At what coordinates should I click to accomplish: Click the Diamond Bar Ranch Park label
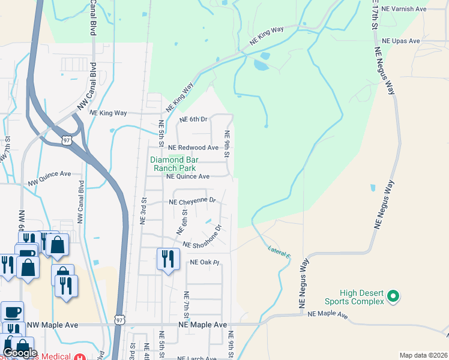(175, 164)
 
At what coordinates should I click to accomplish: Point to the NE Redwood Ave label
(193, 148)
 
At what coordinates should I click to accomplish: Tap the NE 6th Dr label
(193, 119)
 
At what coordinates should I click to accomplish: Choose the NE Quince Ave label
(187, 176)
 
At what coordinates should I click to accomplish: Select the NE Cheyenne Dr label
(191, 202)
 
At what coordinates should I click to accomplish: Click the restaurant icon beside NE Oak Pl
(167, 259)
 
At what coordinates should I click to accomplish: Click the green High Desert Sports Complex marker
(393, 295)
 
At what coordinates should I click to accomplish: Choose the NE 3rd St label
(143, 211)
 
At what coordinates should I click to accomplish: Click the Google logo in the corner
(20, 353)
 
